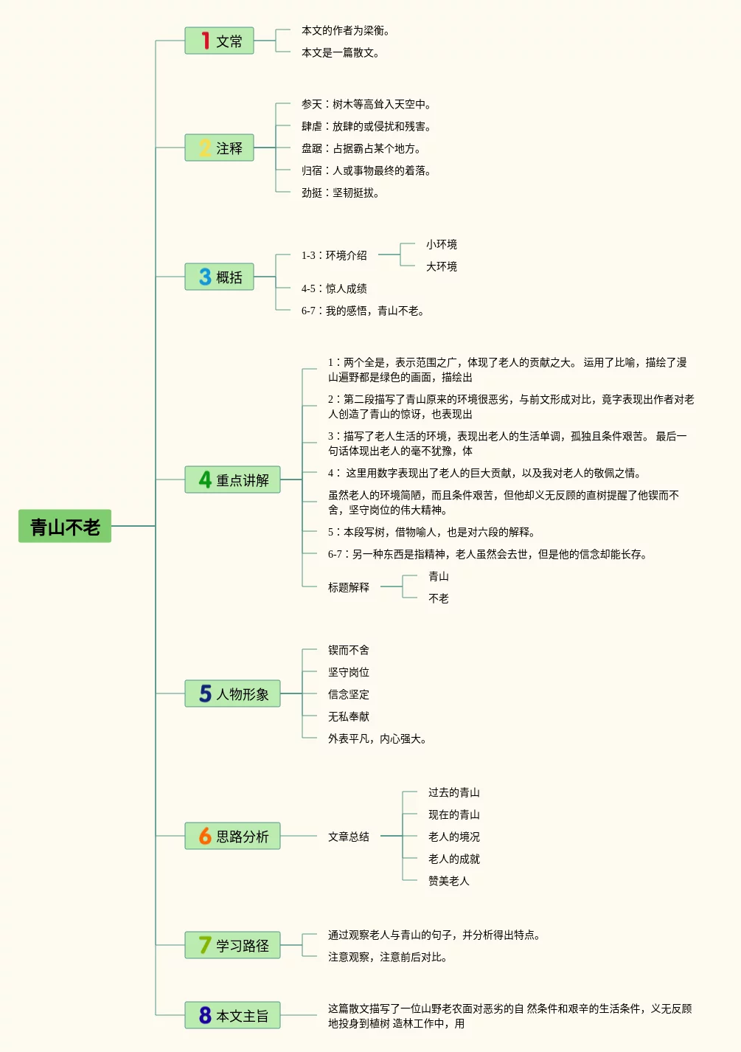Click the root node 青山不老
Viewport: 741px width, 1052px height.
(65, 527)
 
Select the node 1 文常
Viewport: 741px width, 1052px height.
(219, 41)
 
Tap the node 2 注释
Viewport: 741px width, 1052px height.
(219, 148)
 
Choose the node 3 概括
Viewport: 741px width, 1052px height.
(219, 277)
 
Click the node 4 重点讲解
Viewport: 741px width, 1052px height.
(232, 480)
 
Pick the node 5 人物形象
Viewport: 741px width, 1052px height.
(232, 694)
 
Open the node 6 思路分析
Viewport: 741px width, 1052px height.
(232, 837)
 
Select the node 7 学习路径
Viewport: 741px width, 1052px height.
(232, 946)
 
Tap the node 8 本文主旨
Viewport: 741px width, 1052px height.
(232, 1016)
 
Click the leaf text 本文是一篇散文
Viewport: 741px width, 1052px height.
(340, 53)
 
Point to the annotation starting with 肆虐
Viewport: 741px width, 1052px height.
(366, 127)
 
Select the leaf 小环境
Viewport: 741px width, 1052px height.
(441, 245)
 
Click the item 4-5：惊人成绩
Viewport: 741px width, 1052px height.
(334, 289)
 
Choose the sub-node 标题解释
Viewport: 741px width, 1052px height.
(349, 588)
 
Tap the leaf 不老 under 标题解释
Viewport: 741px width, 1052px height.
(439, 599)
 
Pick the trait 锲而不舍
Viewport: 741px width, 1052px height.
(349, 651)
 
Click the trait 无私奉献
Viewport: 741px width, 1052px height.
(349, 717)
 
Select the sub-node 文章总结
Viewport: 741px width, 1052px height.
(349, 837)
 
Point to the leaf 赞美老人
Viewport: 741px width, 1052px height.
(448, 882)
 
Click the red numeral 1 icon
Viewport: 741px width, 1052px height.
(205, 41)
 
